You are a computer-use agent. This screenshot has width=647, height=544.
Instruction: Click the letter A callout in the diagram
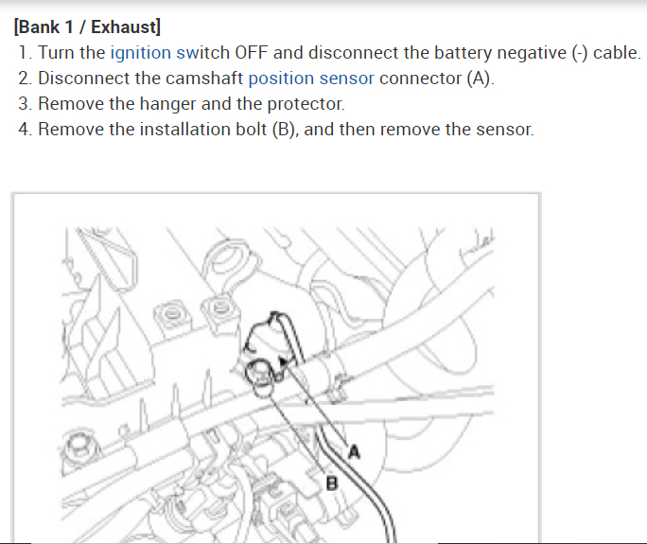356,451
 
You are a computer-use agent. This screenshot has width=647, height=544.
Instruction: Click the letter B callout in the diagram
331,483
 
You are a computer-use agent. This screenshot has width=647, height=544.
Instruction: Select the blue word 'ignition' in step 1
142,53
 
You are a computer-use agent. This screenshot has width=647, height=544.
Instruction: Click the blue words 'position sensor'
311,79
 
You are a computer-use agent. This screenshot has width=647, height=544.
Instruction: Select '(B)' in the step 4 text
283,129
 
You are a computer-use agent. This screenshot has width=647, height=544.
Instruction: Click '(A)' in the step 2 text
480,79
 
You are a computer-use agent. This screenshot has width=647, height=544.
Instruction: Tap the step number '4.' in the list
26,129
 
